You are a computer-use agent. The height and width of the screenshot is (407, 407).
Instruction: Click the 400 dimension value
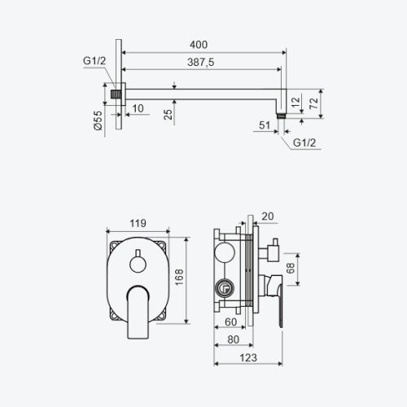[199, 45]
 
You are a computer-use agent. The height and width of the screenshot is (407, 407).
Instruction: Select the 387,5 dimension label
[201, 62]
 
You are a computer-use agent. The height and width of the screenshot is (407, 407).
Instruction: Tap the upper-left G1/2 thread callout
[94, 61]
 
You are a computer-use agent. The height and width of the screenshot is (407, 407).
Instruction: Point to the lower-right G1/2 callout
[304, 142]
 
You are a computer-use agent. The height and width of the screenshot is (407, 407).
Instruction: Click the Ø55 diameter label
[98, 120]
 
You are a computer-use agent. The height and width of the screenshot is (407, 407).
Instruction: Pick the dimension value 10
[138, 108]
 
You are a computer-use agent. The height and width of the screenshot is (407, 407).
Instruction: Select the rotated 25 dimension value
[168, 115]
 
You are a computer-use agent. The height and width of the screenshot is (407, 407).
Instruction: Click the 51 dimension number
[265, 125]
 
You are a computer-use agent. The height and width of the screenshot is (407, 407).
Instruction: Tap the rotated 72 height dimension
[313, 103]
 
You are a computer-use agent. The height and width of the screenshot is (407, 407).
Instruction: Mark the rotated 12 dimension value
[295, 103]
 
